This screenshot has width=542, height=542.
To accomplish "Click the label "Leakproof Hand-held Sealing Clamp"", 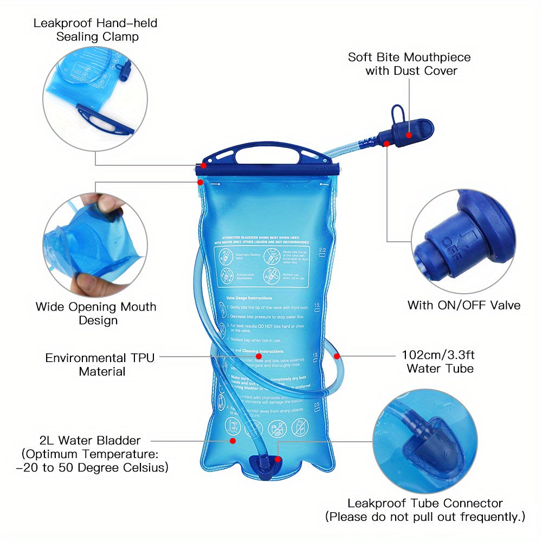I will coord(95,30).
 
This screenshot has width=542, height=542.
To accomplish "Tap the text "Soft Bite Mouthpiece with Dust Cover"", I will coord(409,64).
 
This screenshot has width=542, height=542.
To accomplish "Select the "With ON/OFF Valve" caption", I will coord(464,305).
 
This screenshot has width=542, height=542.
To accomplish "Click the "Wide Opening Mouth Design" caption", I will coord(96,313).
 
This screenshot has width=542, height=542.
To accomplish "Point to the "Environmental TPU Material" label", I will coord(100,364).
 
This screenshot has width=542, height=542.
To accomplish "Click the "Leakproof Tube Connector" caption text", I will coord(425,504).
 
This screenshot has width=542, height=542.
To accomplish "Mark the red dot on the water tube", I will coord(337,356).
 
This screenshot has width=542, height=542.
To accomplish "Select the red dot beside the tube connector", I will coord(278,459).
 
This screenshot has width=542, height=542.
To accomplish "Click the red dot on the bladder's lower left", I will coord(233,441).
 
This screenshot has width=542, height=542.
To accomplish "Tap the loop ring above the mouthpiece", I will coord(397,113).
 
